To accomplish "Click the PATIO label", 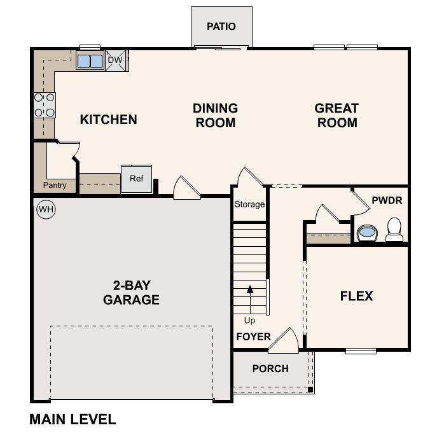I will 221,27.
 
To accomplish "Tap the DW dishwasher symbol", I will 115,60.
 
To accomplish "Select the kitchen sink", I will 90,61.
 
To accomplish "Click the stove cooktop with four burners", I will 45,105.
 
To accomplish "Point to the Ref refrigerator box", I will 137,179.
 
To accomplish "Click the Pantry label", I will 55,185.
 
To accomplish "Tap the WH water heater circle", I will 45,209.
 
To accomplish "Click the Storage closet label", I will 249,204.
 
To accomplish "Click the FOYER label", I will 253,336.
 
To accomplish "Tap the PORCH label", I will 270,368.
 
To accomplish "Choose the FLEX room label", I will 356,296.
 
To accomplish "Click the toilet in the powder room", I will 394,230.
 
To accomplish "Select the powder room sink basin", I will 366,232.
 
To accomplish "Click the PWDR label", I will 387,200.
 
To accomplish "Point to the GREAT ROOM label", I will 336,115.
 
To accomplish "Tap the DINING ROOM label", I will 215,115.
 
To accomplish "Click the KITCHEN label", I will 108,119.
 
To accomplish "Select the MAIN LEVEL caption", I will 73,419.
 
